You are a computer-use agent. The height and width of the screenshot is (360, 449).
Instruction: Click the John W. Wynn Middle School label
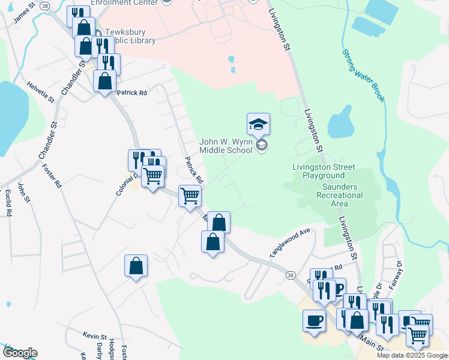[227, 145]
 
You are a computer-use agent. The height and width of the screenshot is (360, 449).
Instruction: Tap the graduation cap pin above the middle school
[258, 124]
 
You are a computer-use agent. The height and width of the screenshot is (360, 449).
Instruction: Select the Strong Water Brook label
[362, 76]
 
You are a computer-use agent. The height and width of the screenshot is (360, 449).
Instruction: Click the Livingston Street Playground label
[324, 171]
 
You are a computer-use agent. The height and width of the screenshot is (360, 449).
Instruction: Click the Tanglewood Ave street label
[289, 242]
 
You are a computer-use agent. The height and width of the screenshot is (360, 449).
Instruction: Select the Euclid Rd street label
[8, 202]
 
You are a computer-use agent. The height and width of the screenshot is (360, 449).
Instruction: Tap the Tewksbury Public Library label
[130, 36]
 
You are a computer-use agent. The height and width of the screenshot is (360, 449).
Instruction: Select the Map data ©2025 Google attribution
[411, 355]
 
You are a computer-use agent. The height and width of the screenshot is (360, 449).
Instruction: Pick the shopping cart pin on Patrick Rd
[190, 196]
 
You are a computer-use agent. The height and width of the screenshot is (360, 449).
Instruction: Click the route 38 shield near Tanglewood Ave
[291, 275]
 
